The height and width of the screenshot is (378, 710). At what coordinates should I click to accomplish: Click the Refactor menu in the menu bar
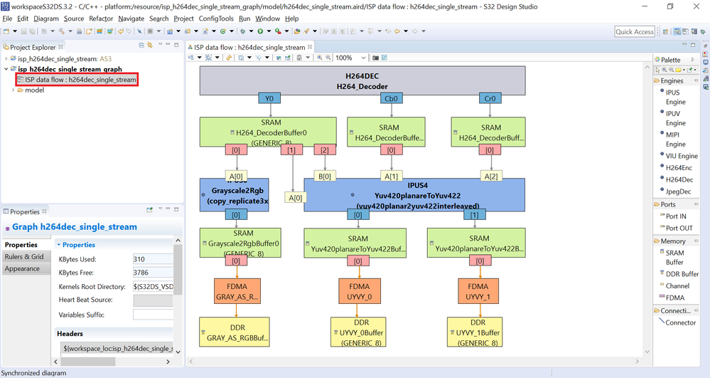pos(101,19)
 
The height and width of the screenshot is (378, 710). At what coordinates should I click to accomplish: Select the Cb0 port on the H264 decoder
pos(390,99)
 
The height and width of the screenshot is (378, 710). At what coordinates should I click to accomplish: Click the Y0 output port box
pos(269,99)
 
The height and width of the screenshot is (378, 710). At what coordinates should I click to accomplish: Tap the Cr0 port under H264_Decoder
pos(490,99)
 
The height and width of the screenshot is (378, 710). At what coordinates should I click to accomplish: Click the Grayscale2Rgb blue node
pos(234,194)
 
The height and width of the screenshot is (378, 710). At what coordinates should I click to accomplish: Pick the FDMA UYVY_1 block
pos(478,290)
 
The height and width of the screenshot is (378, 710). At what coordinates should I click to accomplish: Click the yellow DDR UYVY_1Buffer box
pos(478,332)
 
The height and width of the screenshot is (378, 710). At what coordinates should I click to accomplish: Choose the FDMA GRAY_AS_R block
pos(234,290)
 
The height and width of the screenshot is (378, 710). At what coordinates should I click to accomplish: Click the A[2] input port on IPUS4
pos(490,176)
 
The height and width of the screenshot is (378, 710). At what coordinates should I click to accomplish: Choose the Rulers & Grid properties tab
pos(24,256)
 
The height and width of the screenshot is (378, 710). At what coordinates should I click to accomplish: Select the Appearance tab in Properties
pos(22,268)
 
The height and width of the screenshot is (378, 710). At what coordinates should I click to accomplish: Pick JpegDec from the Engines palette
pos(678,191)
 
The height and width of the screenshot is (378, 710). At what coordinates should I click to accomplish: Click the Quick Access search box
pos(634,31)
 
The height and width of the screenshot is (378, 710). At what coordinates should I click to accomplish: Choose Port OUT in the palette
pos(680,228)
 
